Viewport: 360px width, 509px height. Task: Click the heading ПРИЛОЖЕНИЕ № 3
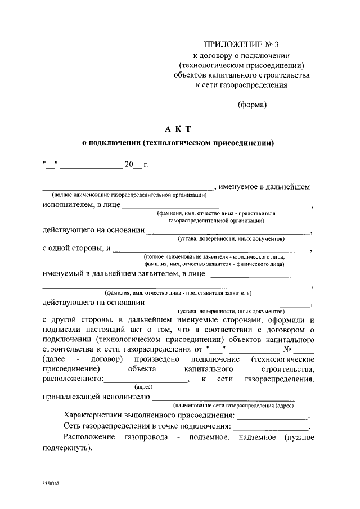[x=241, y=44]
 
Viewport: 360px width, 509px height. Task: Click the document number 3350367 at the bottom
[x=51, y=484]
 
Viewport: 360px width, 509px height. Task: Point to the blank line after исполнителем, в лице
[x=217, y=208]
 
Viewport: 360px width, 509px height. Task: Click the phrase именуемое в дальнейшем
[x=264, y=187]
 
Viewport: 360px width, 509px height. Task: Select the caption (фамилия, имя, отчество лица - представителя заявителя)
[x=177, y=293]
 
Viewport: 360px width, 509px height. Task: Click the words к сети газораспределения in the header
[x=241, y=85]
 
